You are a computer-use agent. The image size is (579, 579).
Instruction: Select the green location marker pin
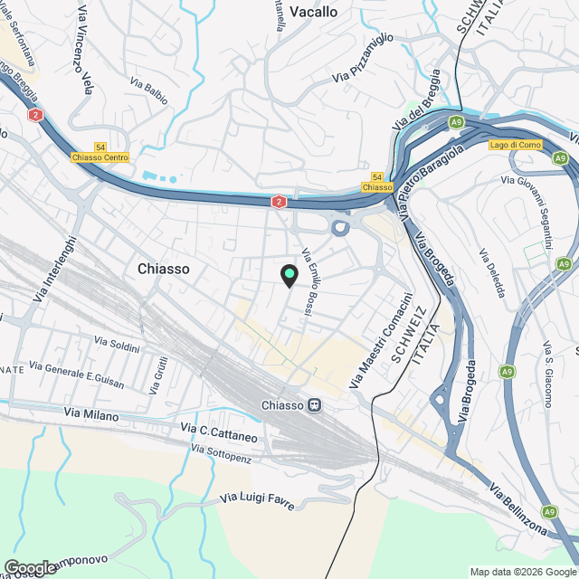[x=289, y=275]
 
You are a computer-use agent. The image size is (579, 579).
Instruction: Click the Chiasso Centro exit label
[x=100, y=157]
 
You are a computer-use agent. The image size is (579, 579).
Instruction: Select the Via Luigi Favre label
[x=257, y=500]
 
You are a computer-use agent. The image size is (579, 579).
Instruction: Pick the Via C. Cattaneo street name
[x=219, y=432]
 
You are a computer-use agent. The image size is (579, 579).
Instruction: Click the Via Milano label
[x=92, y=412]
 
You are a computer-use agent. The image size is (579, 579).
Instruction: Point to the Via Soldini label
[x=118, y=345]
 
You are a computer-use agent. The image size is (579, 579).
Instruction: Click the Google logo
[x=29, y=567]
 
